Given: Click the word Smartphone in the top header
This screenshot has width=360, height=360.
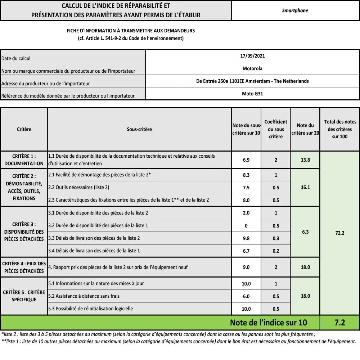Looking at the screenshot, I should pyautogui.click(x=295, y=10).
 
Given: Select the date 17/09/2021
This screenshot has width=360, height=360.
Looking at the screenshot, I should pyautogui.click(x=252, y=56).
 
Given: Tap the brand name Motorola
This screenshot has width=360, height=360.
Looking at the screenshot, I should pyautogui.click(x=252, y=68).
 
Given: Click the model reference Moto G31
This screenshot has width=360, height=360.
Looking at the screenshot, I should pyautogui.click(x=252, y=94).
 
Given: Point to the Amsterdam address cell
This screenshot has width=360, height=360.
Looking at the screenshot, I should pyautogui.click(x=252, y=81).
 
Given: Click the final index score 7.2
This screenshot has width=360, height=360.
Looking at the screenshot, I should pyautogui.click(x=339, y=323).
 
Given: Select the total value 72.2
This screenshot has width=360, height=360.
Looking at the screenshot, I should pyautogui.click(x=339, y=233).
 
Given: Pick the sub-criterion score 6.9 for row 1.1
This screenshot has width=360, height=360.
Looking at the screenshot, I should pyautogui.click(x=246, y=160).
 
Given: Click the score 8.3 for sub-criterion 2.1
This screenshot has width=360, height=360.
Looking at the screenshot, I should pyautogui.click(x=246, y=175).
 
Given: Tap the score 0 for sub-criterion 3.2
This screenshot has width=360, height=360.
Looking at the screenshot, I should pyautogui.click(x=246, y=226).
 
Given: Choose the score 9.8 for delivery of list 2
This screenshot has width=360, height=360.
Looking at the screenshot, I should pyautogui.click(x=246, y=238).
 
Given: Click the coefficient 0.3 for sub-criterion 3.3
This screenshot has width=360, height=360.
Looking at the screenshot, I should pyautogui.click(x=276, y=238).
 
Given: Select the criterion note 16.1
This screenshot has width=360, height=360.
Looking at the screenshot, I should pyautogui.click(x=305, y=187).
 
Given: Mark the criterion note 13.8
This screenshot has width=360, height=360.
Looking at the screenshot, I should pyautogui.click(x=305, y=160).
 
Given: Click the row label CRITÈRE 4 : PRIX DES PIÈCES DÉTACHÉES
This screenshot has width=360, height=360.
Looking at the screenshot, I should pyautogui.click(x=24, y=267).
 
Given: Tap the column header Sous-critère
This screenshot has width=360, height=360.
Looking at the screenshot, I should pyautogui.click(x=139, y=129).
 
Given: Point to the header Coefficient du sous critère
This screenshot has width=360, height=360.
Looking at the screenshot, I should pyautogui.click(x=276, y=129).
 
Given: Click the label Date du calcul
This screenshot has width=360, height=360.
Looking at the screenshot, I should pyautogui.click(x=16, y=58).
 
